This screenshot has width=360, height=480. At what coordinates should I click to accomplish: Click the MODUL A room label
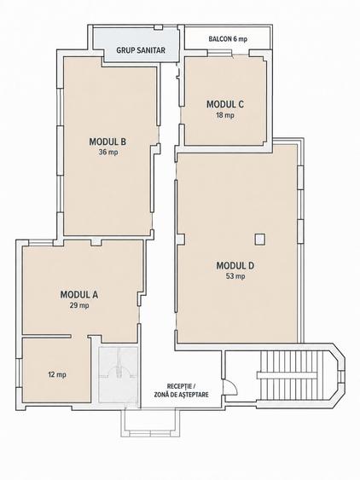pyautogui.click(x=79, y=295)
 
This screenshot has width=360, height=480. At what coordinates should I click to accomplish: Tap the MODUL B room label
pyautogui.click(x=107, y=142)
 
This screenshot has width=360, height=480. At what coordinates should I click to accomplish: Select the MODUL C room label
pyautogui.click(x=225, y=104)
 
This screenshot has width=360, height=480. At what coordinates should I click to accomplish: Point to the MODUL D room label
pyautogui.click(x=235, y=266)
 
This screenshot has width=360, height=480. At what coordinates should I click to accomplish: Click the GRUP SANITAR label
pyautogui.click(x=141, y=50)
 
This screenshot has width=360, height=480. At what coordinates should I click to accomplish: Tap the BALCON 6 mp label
pyautogui.click(x=228, y=39)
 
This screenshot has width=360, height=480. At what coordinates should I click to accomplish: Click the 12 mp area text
pyautogui.click(x=57, y=374)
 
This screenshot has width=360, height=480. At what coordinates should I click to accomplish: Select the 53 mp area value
pyautogui.click(x=235, y=276)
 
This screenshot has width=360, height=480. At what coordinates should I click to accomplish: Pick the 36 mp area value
pyautogui.click(x=108, y=152)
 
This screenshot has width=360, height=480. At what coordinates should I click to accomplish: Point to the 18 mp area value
pyautogui.click(x=225, y=115)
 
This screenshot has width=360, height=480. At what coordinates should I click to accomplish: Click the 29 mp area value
pyautogui.click(x=79, y=305)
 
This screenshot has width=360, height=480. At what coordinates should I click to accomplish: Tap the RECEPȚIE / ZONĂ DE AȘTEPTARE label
pyautogui.click(x=181, y=390)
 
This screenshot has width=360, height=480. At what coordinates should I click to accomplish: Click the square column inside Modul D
pyautogui.click(x=260, y=239)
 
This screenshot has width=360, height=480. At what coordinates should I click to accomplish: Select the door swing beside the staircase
pyautogui.click(x=230, y=386)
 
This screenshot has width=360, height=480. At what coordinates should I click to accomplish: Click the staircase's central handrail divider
pyautogui.click(x=287, y=375)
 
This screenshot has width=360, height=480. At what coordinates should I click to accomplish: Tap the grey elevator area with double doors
pyautogui.click(x=119, y=378)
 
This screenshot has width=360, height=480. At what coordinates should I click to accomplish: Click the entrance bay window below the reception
pyautogui.click(x=150, y=423)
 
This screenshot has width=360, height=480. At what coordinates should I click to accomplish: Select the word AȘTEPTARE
pyautogui.click(x=191, y=395)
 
